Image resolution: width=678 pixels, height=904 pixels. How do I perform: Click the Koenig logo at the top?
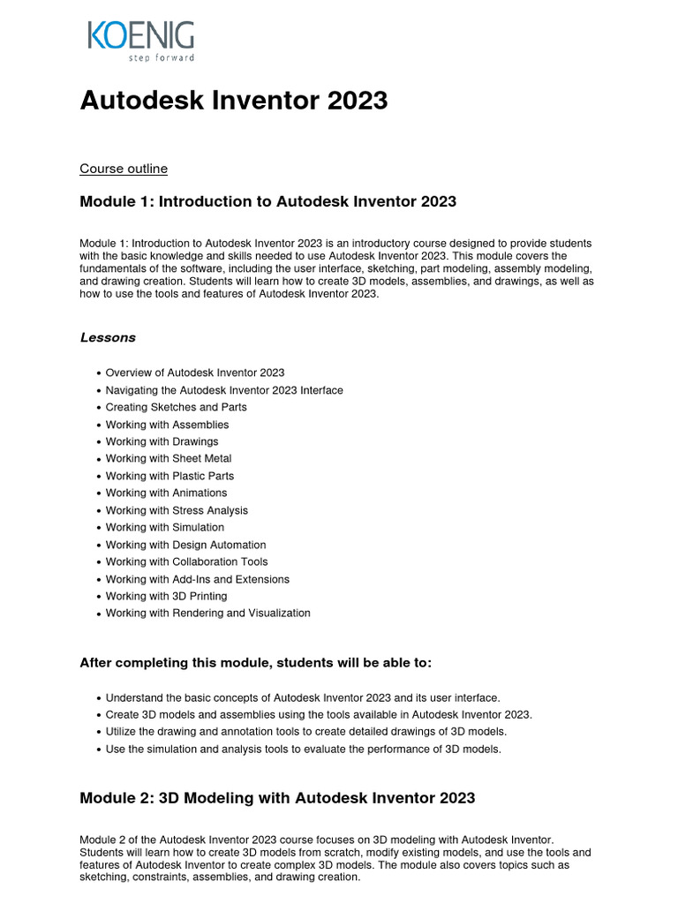click(140, 37)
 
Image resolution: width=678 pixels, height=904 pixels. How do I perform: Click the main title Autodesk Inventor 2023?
click(234, 101)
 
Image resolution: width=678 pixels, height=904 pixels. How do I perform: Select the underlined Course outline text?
click(124, 169)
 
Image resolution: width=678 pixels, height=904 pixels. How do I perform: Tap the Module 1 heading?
click(267, 202)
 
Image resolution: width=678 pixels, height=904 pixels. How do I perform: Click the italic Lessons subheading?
click(108, 337)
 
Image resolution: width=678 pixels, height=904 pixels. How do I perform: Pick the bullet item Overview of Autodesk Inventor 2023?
click(194, 373)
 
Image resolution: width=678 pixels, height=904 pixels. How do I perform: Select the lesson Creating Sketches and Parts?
click(176, 408)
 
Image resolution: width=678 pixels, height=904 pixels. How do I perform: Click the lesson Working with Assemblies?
click(167, 425)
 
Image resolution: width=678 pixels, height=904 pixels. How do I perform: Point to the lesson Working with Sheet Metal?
click(169, 459)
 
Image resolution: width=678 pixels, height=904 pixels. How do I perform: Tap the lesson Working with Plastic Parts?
click(169, 476)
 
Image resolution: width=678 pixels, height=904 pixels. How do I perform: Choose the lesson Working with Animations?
click(166, 493)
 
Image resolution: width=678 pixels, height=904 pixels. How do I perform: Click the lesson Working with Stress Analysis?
click(177, 510)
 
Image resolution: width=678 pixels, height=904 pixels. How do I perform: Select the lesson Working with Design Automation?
click(185, 545)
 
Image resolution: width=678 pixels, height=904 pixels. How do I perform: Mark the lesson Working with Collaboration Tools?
click(186, 562)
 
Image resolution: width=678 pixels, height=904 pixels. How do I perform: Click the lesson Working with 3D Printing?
click(166, 597)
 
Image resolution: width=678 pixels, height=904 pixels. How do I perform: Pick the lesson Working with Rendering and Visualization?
click(207, 614)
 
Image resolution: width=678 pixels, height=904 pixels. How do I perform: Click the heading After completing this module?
click(256, 663)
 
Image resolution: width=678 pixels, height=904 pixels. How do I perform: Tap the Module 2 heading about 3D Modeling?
click(277, 798)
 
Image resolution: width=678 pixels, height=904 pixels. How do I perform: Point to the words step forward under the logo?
click(166, 57)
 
